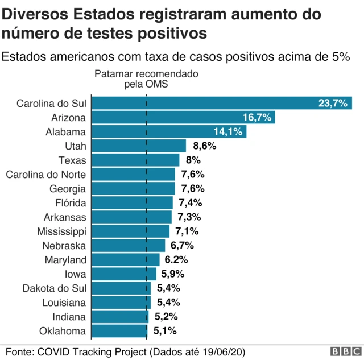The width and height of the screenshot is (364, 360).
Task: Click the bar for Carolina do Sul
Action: click(x=222, y=103)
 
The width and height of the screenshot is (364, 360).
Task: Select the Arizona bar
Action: click(x=183, y=117)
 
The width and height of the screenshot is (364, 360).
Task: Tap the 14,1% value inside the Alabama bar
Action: click(x=228, y=131)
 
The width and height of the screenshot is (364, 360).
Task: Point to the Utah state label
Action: click(x=75, y=146)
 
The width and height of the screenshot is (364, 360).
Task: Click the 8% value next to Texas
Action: click(x=193, y=160)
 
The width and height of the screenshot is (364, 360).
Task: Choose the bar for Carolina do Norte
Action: click(x=133, y=174)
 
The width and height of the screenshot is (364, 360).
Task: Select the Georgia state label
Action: click(x=68, y=188)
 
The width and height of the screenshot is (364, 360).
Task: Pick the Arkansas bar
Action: click(x=131, y=217)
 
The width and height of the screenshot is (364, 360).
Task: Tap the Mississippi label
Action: click(x=61, y=231)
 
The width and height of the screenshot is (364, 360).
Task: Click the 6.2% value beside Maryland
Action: click(x=176, y=260)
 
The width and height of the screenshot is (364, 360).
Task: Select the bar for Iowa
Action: click(x=123, y=274)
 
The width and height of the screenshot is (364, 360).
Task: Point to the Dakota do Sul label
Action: click(x=54, y=288)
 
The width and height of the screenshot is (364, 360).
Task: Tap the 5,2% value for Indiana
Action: click(x=166, y=317)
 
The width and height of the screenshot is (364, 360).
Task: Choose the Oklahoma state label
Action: click(x=63, y=331)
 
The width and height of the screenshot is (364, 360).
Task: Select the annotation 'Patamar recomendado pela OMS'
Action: click(x=146, y=79)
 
